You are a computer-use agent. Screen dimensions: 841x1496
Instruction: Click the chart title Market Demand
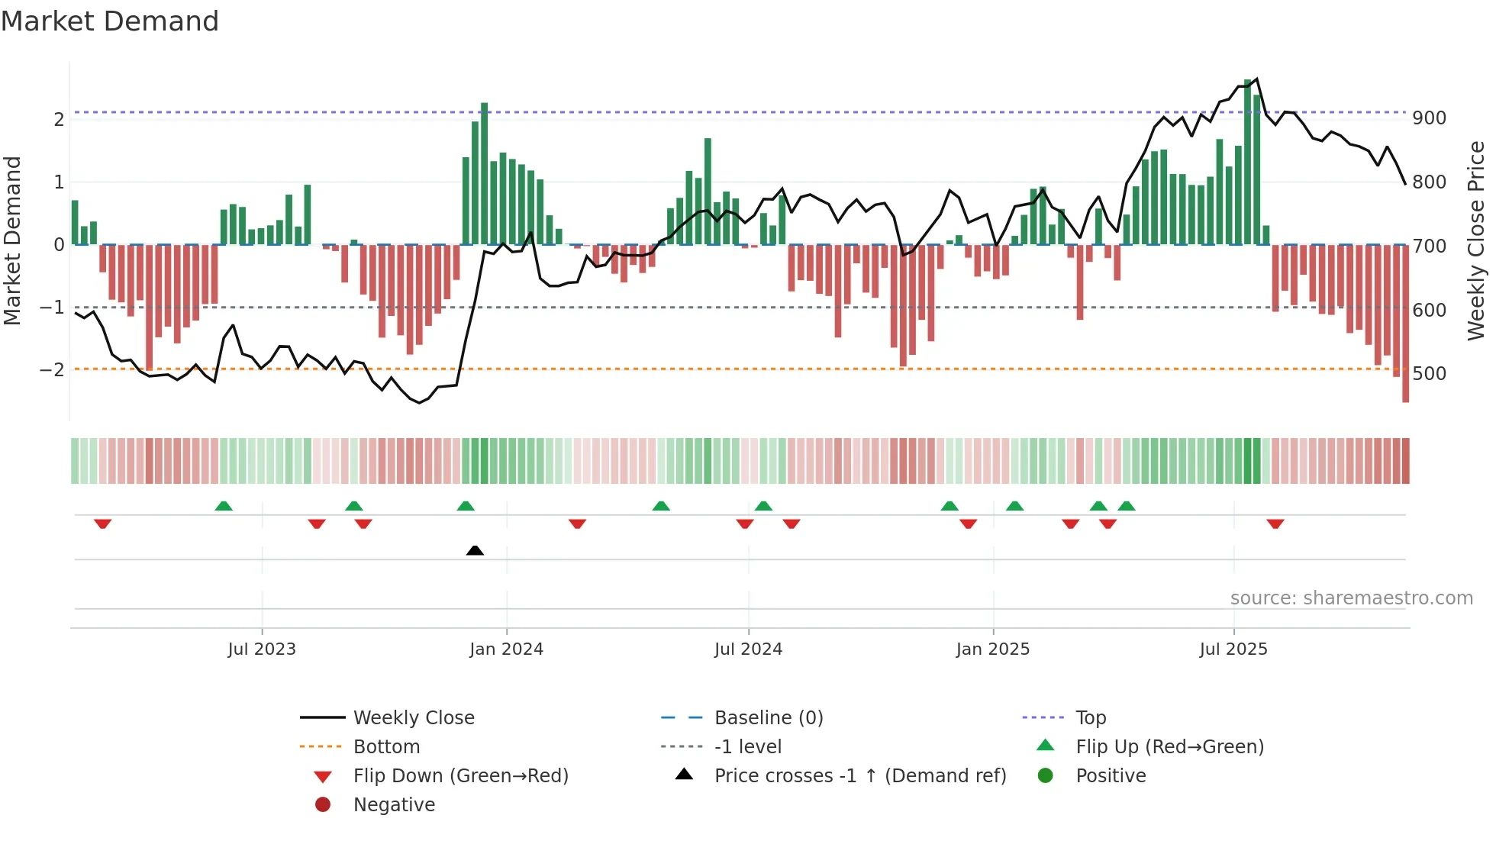(x=110, y=21)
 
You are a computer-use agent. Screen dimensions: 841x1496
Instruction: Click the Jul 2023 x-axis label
(x=261, y=649)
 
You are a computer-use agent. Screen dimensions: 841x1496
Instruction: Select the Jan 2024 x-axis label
(x=506, y=649)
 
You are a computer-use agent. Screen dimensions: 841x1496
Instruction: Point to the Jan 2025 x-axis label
(x=992, y=649)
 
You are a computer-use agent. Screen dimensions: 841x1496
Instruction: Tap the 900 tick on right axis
(x=1429, y=118)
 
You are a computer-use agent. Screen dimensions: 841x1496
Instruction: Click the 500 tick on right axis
(x=1429, y=374)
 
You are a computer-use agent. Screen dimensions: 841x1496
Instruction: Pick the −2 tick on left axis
(x=52, y=370)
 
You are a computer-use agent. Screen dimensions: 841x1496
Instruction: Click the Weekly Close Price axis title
(x=1476, y=240)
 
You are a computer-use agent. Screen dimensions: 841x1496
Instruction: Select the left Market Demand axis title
(x=12, y=240)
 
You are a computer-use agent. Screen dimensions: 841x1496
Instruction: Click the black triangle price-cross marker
(x=475, y=550)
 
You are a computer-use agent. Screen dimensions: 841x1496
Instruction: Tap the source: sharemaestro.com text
(x=1351, y=598)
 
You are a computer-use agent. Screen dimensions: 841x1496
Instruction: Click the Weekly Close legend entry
(x=413, y=718)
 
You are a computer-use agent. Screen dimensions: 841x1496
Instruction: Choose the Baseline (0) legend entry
(x=768, y=718)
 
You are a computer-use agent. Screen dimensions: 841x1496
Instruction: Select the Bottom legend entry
(x=386, y=747)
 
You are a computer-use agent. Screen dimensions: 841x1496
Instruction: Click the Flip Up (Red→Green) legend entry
(x=1169, y=747)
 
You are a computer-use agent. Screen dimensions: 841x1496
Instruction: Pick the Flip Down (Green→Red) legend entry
(x=460, y=776)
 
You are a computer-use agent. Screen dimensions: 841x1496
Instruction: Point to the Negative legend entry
(x=394, y=805)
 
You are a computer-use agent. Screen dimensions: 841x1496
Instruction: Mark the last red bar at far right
(x=1405, y=324)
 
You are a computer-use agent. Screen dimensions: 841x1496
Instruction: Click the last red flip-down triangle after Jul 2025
(x=1275, y=524)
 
